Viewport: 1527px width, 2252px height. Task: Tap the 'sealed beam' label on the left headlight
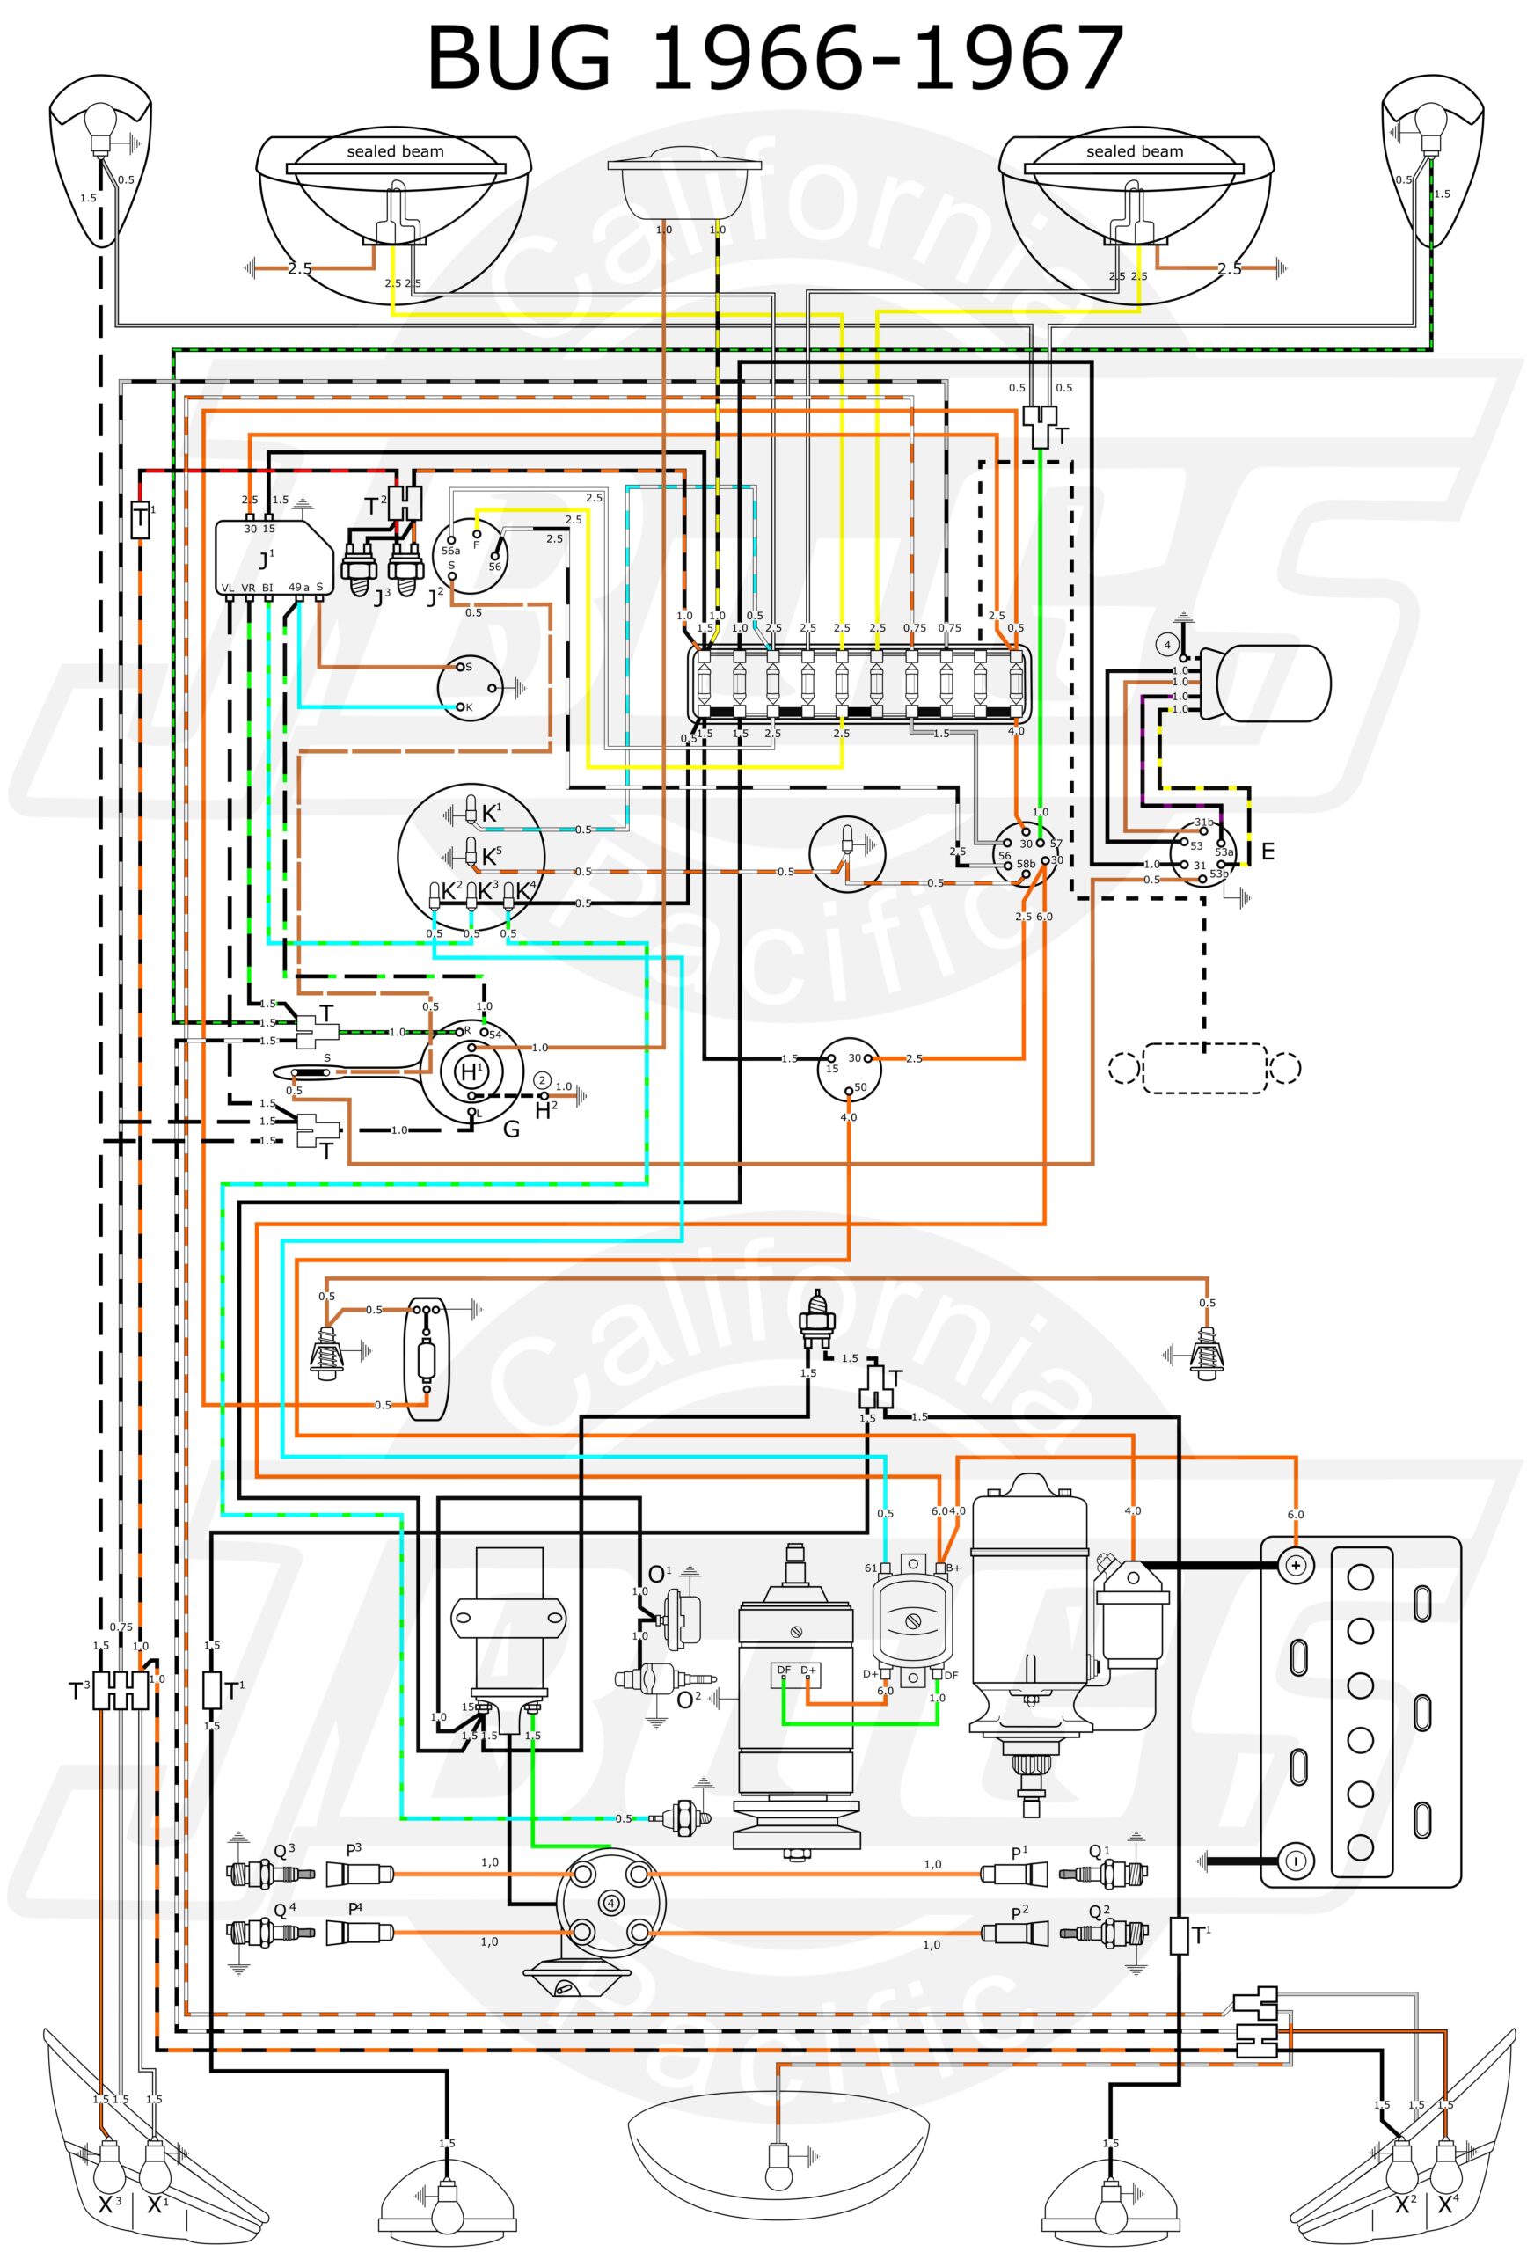click(x=395, y=151)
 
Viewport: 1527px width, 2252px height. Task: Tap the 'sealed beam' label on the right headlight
click(x=1134, y=151)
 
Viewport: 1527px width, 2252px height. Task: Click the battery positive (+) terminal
click(x=1295, y=1565)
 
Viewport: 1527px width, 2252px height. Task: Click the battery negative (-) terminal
click(x=1295, y=1860)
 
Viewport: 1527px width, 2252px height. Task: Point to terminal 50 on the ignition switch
click(x=849, y=1090)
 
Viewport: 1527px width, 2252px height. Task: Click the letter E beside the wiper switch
click(x=1267, y=852)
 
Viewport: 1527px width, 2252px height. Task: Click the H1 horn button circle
click(x=471, y=1072)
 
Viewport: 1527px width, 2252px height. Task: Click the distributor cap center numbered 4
click(x=610, y=1903)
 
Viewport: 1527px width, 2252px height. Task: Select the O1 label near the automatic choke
click(x=659, y=1575)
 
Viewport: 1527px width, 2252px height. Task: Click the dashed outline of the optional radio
click(x=1203, y=1068)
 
